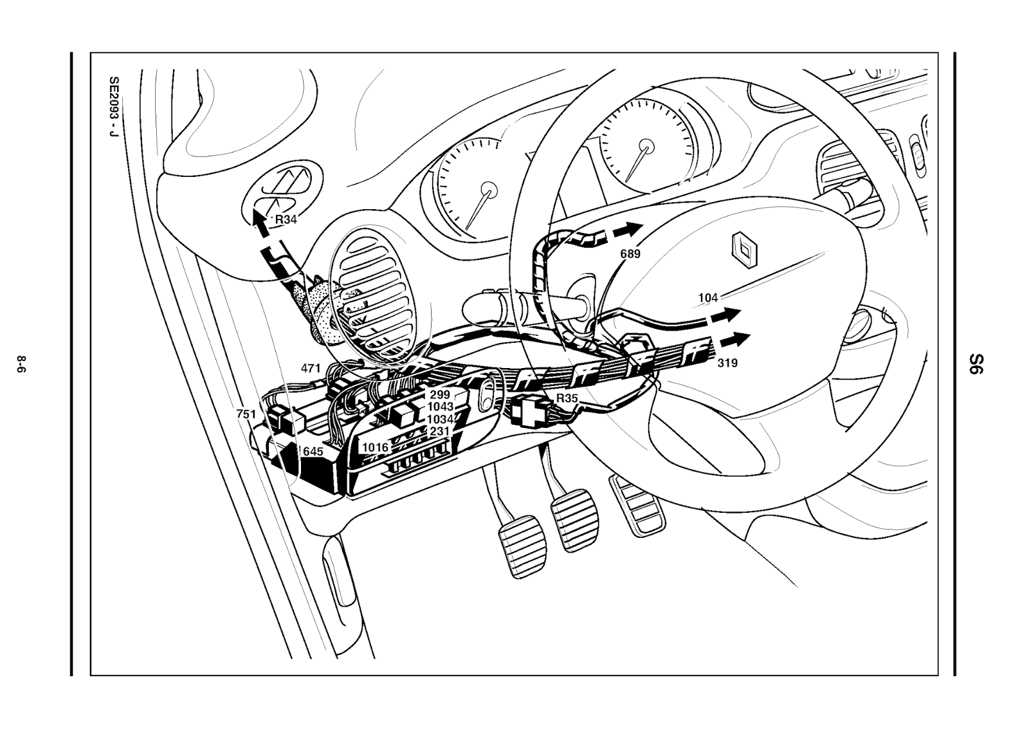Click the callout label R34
click(x=286, y=219)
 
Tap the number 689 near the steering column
click(x=630, y=254)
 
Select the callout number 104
click(x=708, y=297)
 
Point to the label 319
click(x=727, y=363)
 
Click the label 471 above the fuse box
click(x=311, y=369)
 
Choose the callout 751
click(x=246, y=414)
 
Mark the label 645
click(x=313, y=452)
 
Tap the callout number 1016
click(x=375, y=447)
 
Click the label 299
click(x=440, y=395)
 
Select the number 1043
click(x=441, y=407)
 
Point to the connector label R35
click(x=567, y=398)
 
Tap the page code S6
click(x=977, y=364)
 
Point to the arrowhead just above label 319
click(x=740, y=339)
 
